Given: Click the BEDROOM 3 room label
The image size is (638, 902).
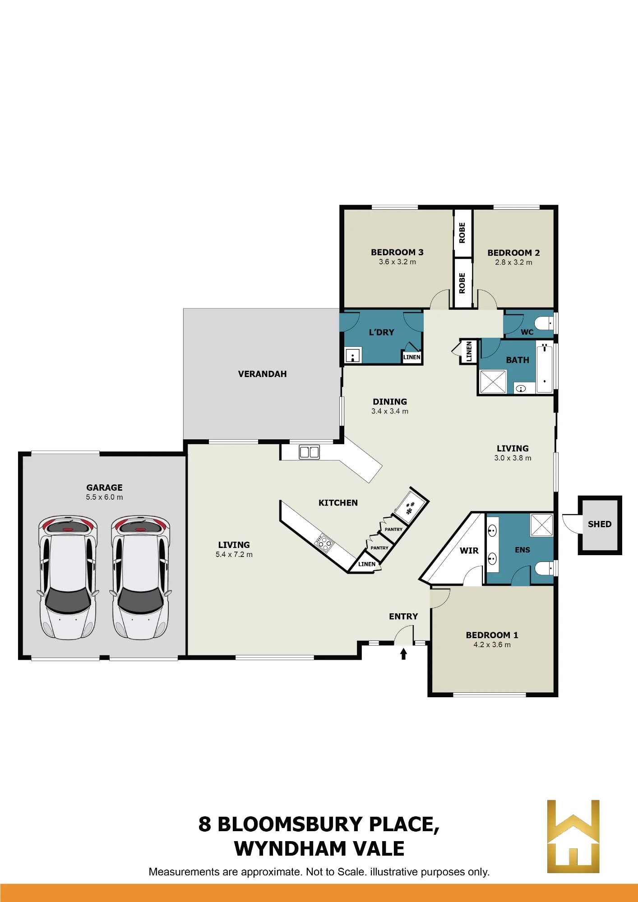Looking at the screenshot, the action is point(397,252).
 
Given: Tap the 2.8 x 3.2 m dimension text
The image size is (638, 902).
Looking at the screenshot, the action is point(513,262).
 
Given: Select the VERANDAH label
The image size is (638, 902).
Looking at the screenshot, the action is point(262,374).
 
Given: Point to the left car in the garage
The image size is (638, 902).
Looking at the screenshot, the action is point(68,577).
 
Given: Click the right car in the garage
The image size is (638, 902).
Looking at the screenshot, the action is point(141,577).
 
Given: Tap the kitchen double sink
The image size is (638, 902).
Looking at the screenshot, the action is point(309,452).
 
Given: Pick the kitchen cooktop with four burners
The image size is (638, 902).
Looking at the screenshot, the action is point(324,543).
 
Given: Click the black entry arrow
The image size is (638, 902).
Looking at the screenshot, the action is point(403,654).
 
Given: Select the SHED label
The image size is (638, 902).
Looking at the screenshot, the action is point(600,524).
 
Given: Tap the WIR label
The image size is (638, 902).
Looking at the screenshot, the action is point(469,550).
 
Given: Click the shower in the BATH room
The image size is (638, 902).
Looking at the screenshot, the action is point(493,382).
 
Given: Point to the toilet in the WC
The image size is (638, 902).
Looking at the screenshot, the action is point(544,323).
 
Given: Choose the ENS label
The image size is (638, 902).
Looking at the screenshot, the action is point(522,550).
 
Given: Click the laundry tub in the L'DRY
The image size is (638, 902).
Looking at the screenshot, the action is point(353,355).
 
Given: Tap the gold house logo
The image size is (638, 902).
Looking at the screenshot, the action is point(573,836).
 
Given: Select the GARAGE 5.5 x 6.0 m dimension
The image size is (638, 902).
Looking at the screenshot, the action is point(104,497).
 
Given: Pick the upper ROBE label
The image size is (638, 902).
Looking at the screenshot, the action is point(462,233).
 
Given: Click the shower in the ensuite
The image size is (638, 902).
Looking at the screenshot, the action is point(541,525).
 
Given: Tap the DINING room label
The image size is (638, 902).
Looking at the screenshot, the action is point(390,401).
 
